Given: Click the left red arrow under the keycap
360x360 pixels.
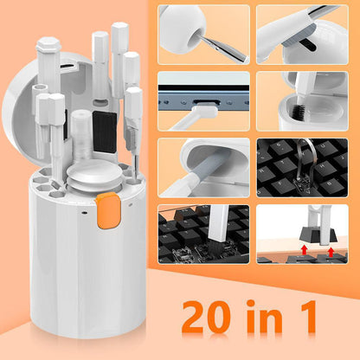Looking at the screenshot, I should pyautogui.click(x=281, y=250).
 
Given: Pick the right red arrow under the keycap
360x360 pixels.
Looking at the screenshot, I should pyautogui.click(x=332, y=250).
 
